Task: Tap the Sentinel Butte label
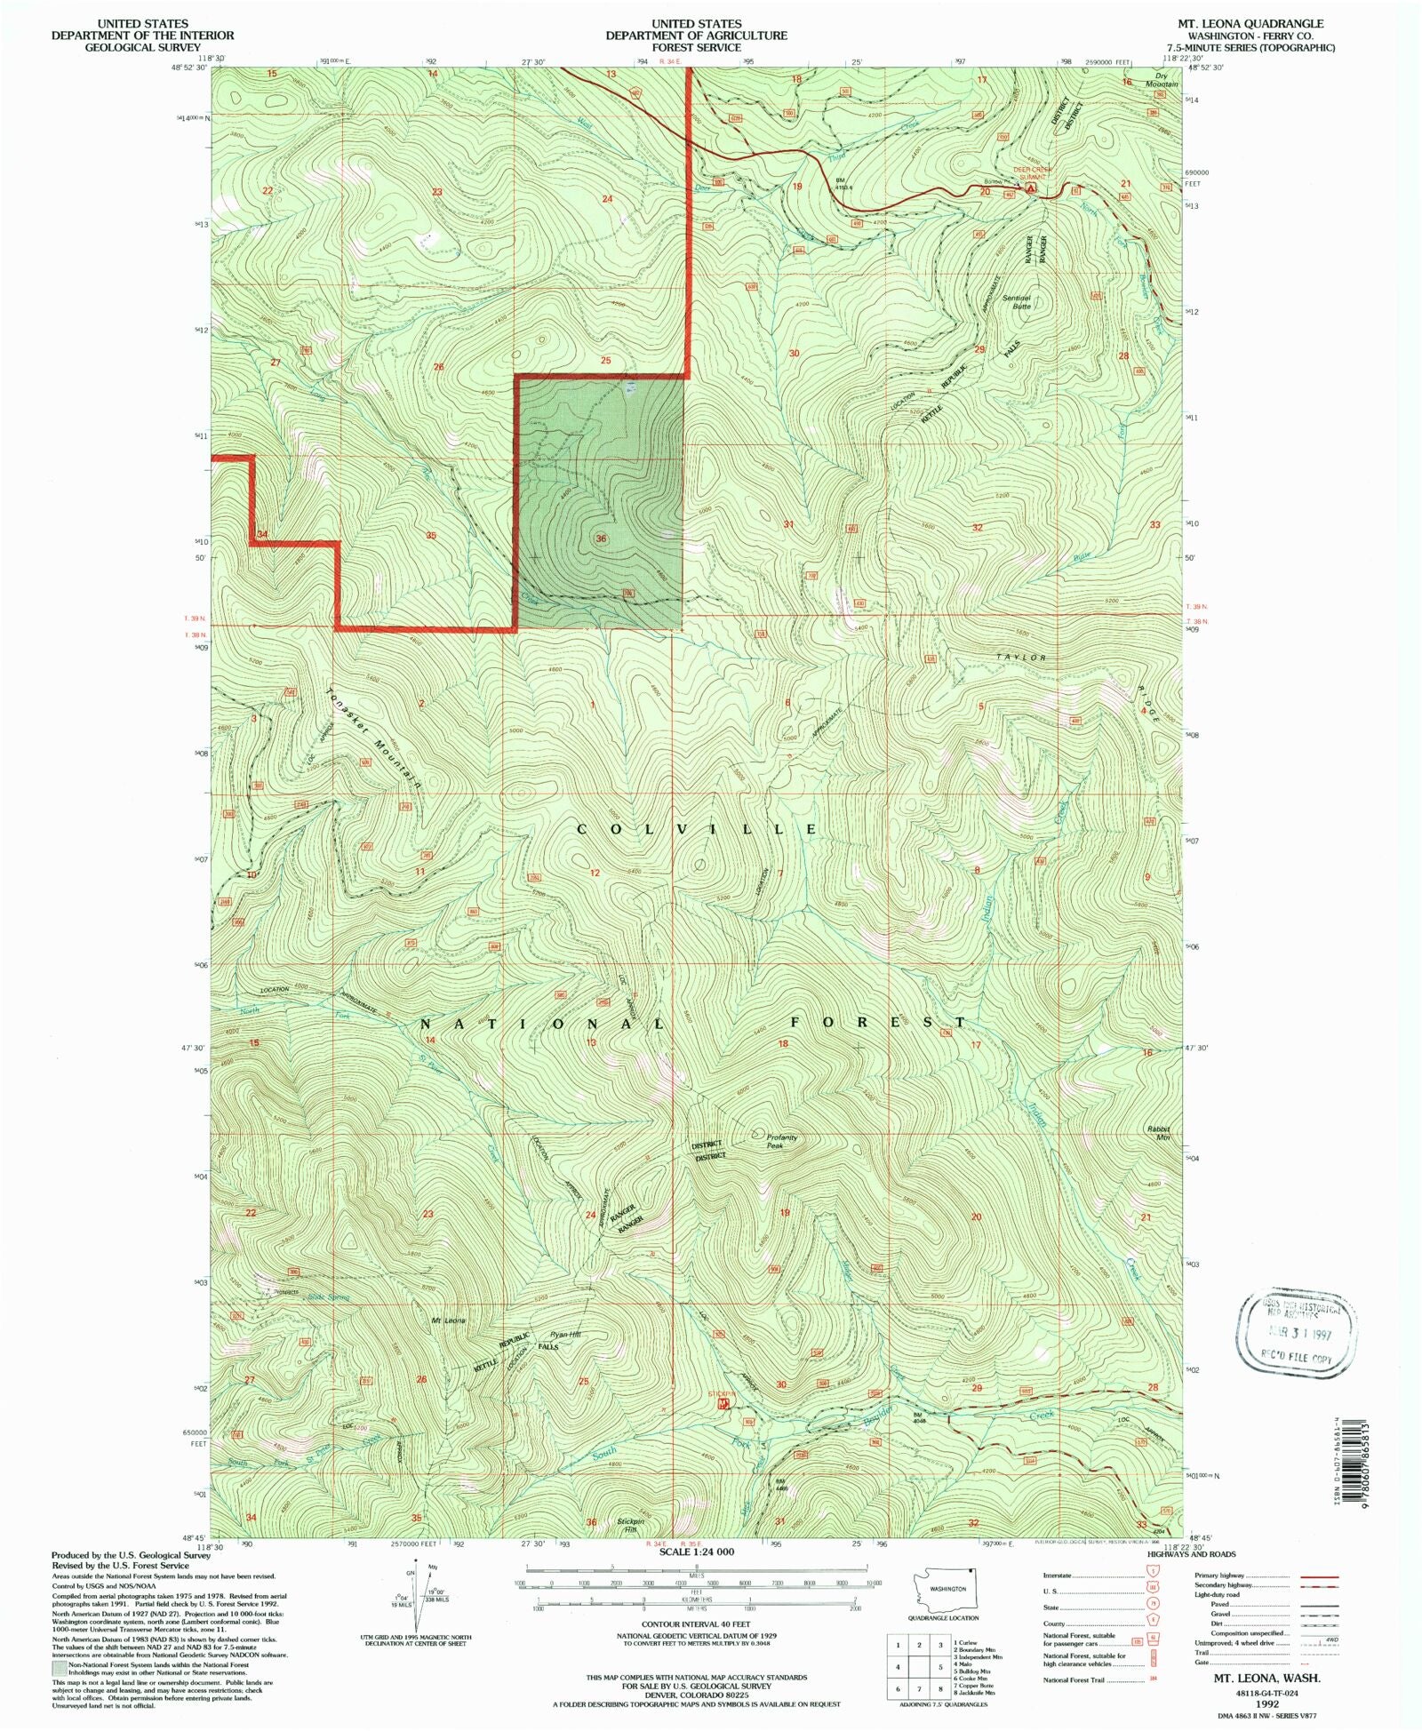pyautogui.click(x=1016, y=301)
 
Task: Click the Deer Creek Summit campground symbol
pyautogui.click(x=1031, y=188)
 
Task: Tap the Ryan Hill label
pyautogui.click(x=564, y=1335)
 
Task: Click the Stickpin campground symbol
pyautogui.click(x=724, y=1404)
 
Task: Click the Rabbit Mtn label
pyautogui.click(x=1158, y=1133)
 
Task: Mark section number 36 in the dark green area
pyautogui.click(x=602, y=538)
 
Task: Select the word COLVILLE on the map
pyautogui.click(x=698, y=828)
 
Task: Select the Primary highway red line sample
pyautogui.click(x=1319, y=1575)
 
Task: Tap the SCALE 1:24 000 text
pyautogui.click(x=696, y=1552)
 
